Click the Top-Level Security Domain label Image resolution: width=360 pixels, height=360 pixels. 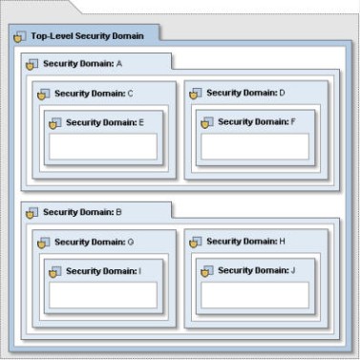pos(87,36)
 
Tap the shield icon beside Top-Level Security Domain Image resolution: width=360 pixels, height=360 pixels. pos(20,37)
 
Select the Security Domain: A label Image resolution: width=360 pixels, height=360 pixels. pos(82,64)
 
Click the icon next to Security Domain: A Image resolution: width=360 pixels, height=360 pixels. pos(32,64)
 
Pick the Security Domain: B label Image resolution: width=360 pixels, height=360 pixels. pos(82,212)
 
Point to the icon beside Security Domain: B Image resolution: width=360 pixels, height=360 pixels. pos(32,213)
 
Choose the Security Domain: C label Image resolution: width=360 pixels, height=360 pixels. pos(94,94)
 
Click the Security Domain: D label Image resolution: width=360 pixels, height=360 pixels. pos(245,93)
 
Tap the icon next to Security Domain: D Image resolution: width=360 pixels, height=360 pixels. pos(196,94)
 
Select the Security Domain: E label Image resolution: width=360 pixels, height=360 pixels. pos(105,122)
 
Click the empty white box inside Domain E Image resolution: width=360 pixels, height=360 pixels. pos(103,146)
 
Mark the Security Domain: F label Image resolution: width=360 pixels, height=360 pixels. pos(257,122)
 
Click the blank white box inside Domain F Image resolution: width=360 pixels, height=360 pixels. pos(255,146)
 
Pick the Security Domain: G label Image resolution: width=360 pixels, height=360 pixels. pos(95,243)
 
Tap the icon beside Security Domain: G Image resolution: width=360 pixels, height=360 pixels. pos(44,243)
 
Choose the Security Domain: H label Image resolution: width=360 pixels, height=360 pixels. pos(245,242)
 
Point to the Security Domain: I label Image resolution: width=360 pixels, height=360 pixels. pos(104,271)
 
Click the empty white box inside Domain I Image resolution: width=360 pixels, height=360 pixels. pos(103,295)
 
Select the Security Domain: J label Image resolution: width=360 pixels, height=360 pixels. pos(257,270)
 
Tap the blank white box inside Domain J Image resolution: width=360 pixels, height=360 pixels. pos(255,295)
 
